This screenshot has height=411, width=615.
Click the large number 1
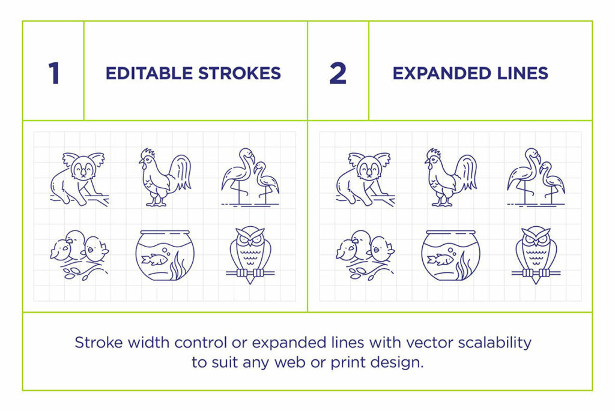[54, 73]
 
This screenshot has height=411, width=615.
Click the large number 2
[338, 73]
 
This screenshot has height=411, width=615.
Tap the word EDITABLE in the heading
[149, 73]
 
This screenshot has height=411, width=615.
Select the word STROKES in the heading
[239, 73]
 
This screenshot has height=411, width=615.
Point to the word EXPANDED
[442, 73]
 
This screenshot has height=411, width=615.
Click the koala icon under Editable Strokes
[80, 179]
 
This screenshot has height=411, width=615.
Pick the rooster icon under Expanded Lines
[451, 177]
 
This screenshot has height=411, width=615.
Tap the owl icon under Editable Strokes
[250, 255]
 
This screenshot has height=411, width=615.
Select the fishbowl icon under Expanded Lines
[450, 256]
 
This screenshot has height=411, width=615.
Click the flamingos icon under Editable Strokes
[250, 177]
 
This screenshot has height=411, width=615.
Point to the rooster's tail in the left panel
[181, 172]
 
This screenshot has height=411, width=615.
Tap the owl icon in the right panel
[536, 255]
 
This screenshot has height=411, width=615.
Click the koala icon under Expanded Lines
[366, 179]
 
